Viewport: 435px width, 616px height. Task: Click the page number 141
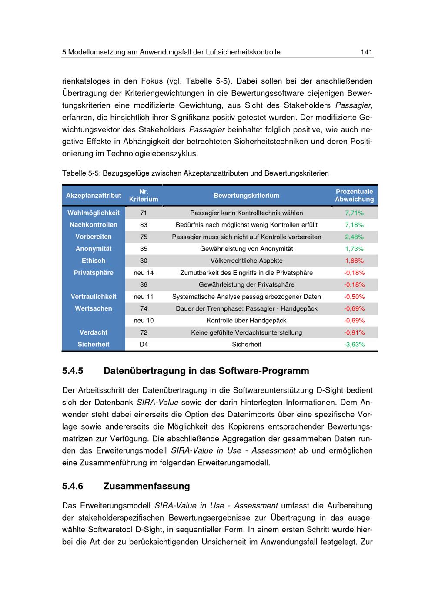366,52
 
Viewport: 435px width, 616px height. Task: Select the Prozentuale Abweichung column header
354,195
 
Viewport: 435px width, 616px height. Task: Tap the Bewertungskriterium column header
246,196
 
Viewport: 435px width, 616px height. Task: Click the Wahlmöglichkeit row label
94,213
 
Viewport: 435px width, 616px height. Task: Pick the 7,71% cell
354,213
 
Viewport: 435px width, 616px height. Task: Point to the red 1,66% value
354,261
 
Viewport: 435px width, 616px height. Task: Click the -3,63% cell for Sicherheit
354,344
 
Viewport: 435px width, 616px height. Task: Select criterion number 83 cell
144,225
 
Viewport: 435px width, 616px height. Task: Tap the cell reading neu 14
144,273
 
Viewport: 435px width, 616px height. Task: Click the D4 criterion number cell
144,344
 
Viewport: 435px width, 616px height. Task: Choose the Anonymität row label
94,249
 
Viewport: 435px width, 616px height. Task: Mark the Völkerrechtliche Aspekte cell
246,261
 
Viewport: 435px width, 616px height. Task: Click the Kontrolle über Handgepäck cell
246,320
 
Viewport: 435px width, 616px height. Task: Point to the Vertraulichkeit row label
94,297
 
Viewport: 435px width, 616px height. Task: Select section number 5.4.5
73,371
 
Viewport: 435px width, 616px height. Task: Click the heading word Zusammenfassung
147,486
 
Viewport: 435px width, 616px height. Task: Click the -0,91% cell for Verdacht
354,332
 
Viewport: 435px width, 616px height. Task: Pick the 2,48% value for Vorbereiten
354,237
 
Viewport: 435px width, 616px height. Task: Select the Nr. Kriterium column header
144,195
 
